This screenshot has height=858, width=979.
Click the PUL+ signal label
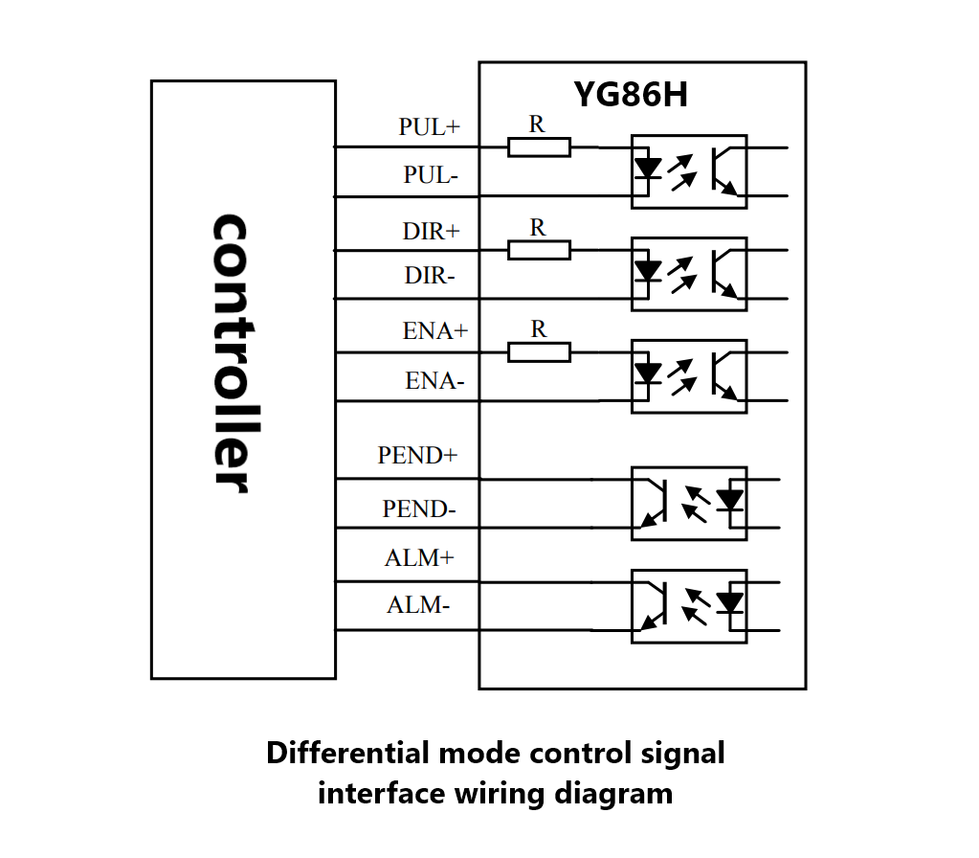(430, 126)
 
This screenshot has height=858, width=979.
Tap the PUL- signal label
(431, 175)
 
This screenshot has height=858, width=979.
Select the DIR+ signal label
(431, 231)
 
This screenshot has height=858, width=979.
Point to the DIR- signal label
(430, 275)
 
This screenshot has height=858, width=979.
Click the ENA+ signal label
(435, 330)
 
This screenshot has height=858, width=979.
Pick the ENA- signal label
(434, 380)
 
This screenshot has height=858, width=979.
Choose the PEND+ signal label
(417, 455)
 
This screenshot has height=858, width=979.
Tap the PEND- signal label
(419, 508)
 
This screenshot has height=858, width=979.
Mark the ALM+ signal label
(419, 557)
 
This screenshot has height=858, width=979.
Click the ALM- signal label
(417, 605)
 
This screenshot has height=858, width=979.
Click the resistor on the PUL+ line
(539, 147)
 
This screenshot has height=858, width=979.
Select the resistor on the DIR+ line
(539, 250)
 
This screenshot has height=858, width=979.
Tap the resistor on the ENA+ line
(539, 352)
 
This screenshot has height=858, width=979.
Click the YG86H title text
(631, 95)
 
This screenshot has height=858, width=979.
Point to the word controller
(233, 353)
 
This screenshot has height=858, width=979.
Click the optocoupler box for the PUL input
(689, 171)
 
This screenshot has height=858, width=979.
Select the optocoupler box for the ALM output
(689, 606)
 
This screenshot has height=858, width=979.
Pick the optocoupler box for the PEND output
(689, 504)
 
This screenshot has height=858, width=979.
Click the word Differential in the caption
(348, 753)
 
